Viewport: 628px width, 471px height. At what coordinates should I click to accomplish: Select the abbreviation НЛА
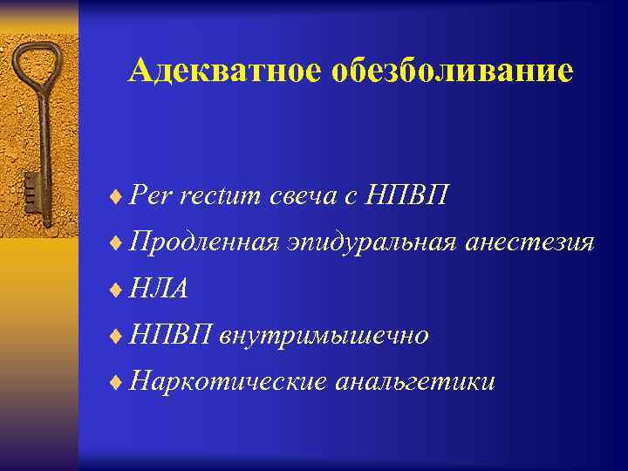pyautogui.click(x=159, y=288)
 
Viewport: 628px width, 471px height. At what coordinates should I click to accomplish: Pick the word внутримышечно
pyautogui.click(x=324, y=334)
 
